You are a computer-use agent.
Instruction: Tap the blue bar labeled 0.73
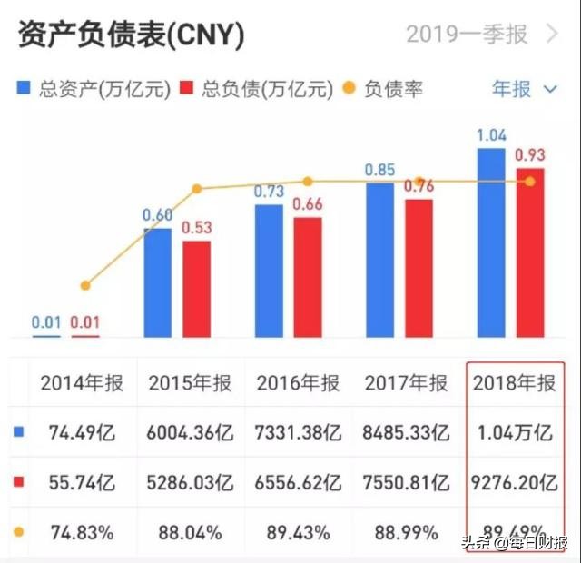(269, 271)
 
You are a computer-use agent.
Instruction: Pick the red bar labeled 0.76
(419, 269)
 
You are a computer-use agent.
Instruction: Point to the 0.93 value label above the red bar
(530, 155)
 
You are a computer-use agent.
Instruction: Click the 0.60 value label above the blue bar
(158, 215)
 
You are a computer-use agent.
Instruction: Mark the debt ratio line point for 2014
(85, 285)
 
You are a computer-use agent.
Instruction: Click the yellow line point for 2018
(530, 182)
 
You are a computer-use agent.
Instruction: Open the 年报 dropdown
(524, 88)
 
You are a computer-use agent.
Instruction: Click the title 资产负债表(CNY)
(131, 35)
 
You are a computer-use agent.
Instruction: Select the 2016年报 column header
(299, 383)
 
